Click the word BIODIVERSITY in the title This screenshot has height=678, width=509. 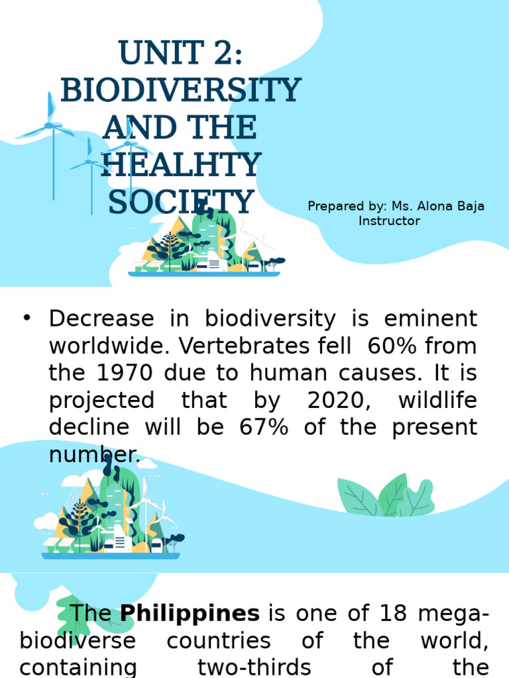point(180,90)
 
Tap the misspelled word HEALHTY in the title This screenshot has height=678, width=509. point(180,165)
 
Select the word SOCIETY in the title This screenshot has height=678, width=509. point(180,202)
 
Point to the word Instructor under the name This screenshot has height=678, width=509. point(389,221)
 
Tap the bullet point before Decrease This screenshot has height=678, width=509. point(27,319)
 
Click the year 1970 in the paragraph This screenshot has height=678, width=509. point(117,373)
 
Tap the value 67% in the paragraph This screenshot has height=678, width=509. point(264,427)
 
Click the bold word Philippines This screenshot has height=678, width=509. point(190,613)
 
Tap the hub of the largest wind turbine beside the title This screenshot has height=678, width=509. point(49,124)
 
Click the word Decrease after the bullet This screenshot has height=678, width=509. point(101,319)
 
